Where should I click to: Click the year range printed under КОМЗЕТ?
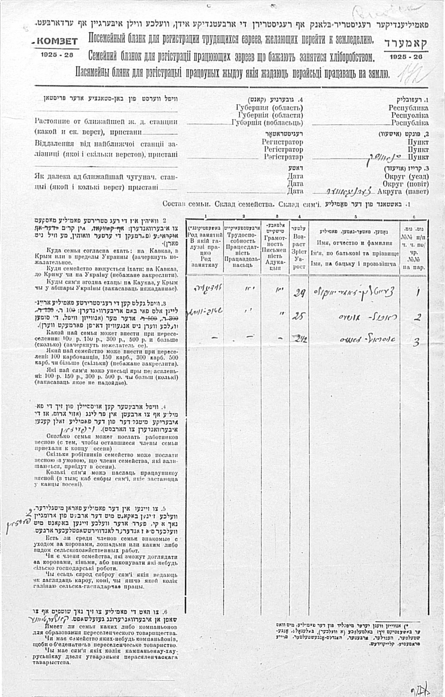57,54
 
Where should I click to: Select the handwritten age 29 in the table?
298,293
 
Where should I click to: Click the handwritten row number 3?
416,342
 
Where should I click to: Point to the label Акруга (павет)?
403,192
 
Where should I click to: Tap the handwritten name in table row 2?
362,317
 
